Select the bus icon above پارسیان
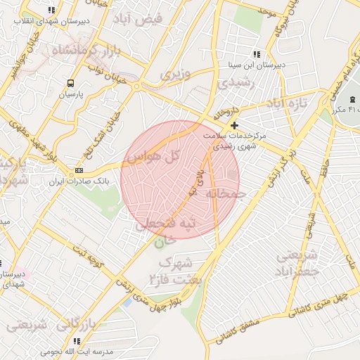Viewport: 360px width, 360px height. [x=70, y=83]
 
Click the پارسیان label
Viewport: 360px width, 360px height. [x=70, y=94]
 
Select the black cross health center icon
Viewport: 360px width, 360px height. [x=234, y=125]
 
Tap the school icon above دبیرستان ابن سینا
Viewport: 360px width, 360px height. [x=257, y=54]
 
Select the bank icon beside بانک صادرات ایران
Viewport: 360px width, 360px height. [x=79, y=170]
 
